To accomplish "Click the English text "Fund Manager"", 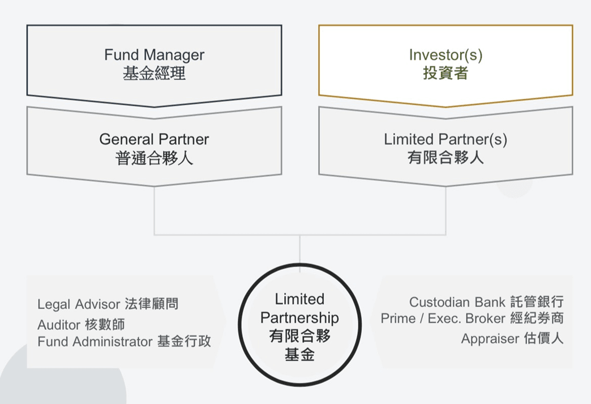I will click(154, 55).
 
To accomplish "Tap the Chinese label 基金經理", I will click(154, 73).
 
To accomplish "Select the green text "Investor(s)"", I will click(446, 55).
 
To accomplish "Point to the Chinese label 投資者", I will click(446, 73).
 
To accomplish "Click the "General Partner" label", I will click(154, 139).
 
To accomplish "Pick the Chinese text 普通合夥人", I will click(154, 158).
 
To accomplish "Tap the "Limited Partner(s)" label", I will click(446, 139).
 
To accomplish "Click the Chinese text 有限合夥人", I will click(446, 158).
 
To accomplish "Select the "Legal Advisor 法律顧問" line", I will click(108, 304).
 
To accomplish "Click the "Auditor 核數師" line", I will click(81, 325).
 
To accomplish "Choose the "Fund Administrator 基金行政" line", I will click(124, 342).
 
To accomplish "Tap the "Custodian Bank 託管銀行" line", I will click(486, 302).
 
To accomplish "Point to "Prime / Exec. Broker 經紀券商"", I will click(472, 318).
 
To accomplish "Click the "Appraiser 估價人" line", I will click(512, 339).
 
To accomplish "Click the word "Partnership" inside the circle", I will click(299, 318).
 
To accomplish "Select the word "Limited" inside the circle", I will click(299, 299).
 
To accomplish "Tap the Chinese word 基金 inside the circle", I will click(299, 355).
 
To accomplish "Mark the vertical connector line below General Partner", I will click(155, 210).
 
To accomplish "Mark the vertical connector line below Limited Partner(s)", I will click(446, 210).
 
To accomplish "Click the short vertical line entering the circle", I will click(300, 249).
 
